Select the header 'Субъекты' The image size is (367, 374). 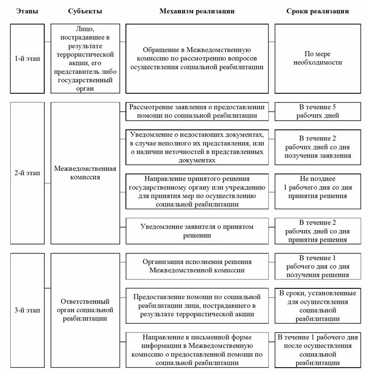pos(85,11)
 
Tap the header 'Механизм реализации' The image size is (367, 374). pos(197,11)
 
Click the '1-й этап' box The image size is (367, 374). pos(27,58)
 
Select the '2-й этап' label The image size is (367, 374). pos(27,173)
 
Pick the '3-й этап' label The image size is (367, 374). pos(27,310)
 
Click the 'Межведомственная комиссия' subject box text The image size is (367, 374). pos(85,173)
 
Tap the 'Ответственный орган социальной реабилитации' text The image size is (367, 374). pos(85,310)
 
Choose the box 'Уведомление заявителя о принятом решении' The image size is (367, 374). pos(197,231)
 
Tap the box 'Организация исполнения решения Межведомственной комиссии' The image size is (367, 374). pos(197,266)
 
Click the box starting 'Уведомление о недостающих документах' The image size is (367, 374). pos(197,147)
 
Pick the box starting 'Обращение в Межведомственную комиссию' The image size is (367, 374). pos(197,58)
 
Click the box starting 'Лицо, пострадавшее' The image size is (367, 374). pos(85,58)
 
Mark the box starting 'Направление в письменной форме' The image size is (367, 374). pos(197,349)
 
